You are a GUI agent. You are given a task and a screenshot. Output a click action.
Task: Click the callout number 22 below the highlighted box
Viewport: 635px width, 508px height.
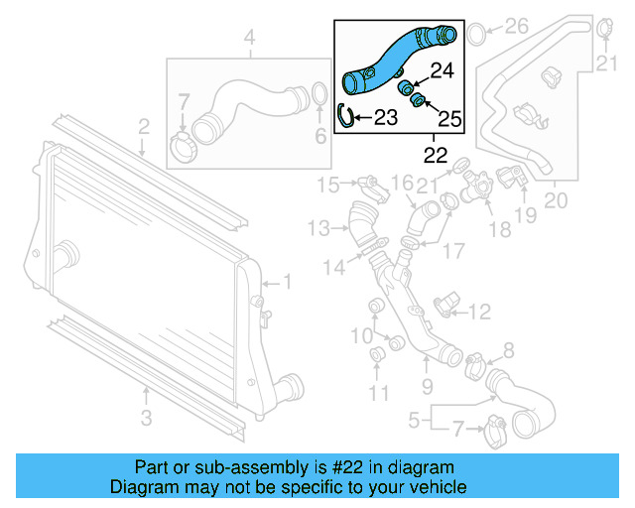coord(435,155)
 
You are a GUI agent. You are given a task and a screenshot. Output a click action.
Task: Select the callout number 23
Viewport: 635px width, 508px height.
coord(384,118)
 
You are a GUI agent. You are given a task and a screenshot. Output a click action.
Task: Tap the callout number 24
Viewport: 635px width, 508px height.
coord(442,70)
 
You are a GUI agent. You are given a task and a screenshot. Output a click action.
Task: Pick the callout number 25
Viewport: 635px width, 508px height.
coord(449,120)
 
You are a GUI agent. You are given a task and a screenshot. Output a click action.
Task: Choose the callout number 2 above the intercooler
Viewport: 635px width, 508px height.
coord(144,126)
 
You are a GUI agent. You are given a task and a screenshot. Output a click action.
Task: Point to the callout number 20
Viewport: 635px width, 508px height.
coord(556,200)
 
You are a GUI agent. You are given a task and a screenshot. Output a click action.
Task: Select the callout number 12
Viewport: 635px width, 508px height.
coord(479,314)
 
